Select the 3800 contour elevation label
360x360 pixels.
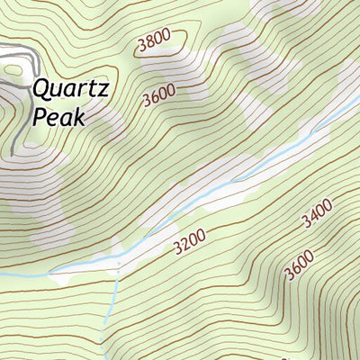[x=155, y=42]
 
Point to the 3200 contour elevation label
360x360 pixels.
[x=189, y=240]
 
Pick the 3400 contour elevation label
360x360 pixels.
[x=317, y=215]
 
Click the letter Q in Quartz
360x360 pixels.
[x=40, y=89]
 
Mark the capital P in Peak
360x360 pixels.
[x=39, y=115]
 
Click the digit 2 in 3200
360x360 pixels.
[x=184, y=243]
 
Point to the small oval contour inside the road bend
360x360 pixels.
[x=12, y=67]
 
